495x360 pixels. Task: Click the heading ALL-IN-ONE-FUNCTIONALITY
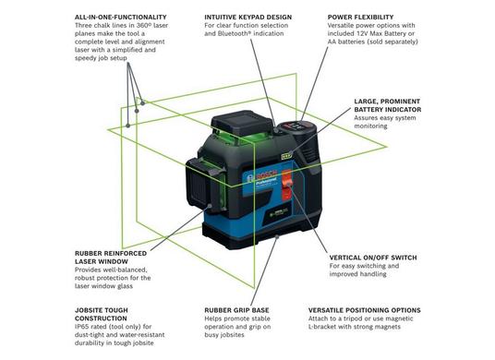coord(121,17)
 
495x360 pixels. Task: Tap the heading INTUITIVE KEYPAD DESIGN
coord(247,17)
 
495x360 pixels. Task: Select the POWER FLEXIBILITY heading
coord(360,17)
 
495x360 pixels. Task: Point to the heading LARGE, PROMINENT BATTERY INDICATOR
coord(387,105)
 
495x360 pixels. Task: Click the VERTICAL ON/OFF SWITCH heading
coord(373,258)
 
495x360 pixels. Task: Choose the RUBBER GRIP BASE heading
coord(236,310)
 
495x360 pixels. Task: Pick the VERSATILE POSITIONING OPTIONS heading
coord(364,310)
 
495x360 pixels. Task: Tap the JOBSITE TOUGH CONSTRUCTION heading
coord(102,314)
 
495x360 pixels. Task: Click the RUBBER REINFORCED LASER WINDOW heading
coord(111,258)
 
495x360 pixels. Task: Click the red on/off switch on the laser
coord(286,186)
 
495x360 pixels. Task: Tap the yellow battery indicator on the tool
coord(286,156)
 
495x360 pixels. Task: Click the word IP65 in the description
coord(82,327)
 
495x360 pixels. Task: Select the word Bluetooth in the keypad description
coord(230,33)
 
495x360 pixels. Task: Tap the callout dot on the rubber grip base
coord(277,236)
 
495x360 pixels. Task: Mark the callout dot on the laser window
coord(210,206)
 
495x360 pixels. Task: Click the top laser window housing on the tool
coord(242,122)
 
